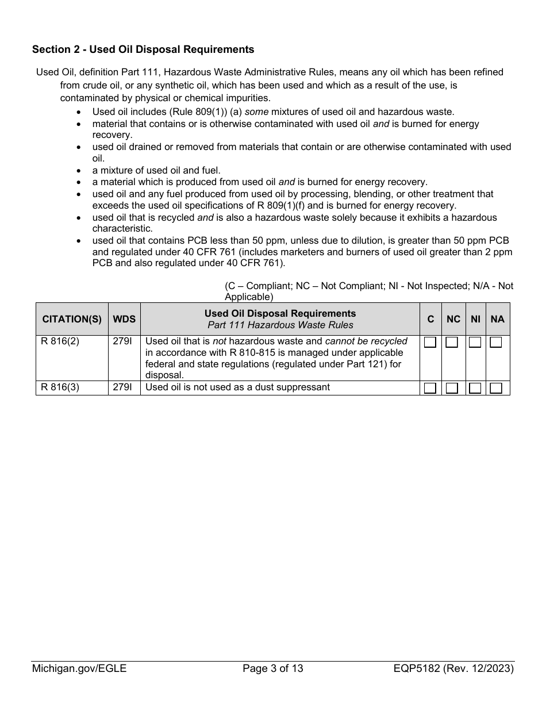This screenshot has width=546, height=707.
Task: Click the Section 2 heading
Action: click(x=143, y=49)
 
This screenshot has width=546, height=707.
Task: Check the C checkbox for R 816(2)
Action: click(x=430, y=343)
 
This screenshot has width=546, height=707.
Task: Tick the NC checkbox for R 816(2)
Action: click(x=452, y=343)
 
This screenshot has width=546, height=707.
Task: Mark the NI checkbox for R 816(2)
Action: click(x=475, y=343)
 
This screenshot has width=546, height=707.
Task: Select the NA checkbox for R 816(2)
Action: click(x=496, y=343)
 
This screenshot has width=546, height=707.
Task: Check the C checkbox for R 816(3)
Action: click(x=430, y=388)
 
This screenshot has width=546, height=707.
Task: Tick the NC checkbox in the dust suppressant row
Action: click(x=452, y=388)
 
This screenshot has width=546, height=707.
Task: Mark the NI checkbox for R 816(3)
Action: click(x=475, y=388)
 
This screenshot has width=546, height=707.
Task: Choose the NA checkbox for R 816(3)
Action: click(x=496, y=388)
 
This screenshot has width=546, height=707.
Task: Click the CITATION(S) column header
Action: click(x=72, y=319)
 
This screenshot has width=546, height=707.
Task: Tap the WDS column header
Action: click(x=124, y=319)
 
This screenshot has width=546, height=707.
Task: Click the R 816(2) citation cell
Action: click(x=60, y=341)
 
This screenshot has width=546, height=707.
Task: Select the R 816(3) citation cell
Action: click(x=60, y=387)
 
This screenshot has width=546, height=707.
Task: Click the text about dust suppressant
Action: click(x=237, y=387)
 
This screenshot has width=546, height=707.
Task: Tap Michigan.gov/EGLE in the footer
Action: click(x=79, y=668)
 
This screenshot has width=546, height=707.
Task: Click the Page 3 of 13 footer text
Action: click(x=273, y=668)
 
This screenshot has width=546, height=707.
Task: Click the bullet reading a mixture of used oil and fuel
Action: click(x=156, y=171)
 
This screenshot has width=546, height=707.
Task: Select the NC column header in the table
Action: click(x=453, y=319)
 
